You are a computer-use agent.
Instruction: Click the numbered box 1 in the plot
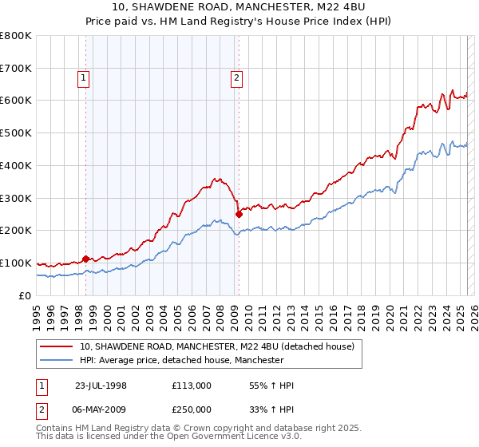coord(84,77)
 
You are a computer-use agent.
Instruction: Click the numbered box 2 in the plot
coord(237,77)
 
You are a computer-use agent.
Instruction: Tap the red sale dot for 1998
coord(85,258)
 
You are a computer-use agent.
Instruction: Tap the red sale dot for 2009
coord(239,213)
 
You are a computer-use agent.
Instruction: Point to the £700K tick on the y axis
coord(16,68)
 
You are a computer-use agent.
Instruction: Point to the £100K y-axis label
coord(16,263)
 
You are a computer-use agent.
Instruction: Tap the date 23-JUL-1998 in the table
coord(101,386)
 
